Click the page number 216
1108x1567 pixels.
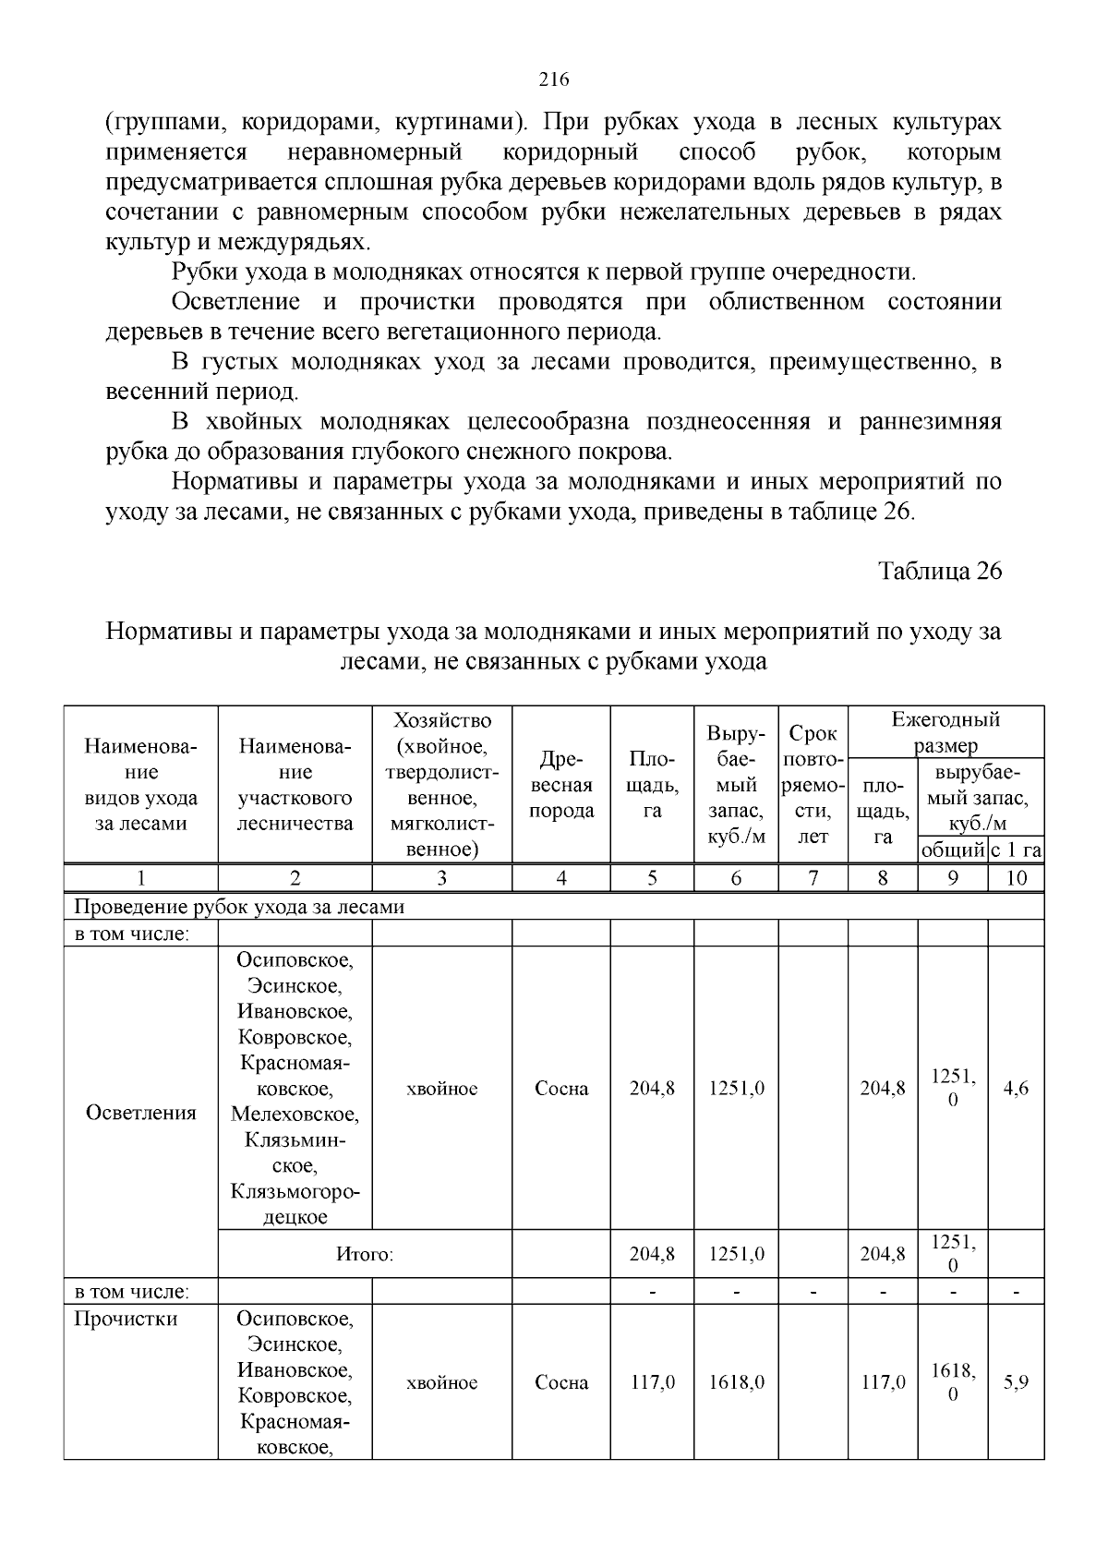coord(553,79)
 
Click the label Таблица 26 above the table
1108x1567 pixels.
coord(939,571)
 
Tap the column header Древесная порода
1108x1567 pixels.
coord(560,786)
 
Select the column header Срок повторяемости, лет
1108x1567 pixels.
coord(813,786)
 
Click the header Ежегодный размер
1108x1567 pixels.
coord(945,732)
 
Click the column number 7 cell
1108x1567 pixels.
coord(813,878)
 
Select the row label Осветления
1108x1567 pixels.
coord(140,1113)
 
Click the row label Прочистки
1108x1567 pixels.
coord(126,1319)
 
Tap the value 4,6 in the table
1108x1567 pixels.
coord(1016,1089)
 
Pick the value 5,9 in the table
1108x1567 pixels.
coord(1016,1382)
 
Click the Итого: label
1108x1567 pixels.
coord(365,1254)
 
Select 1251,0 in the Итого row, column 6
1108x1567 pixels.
coord(736,1254)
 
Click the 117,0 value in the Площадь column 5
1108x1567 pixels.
coord(652,1382)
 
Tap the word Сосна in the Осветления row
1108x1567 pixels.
coord(560,1089)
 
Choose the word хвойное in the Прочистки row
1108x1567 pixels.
coord(441,1382)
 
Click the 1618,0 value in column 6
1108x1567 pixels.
coord(736,1382)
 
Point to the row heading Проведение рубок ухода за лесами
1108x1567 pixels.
coord(239,907)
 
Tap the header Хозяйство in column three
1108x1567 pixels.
coord(441,720)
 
